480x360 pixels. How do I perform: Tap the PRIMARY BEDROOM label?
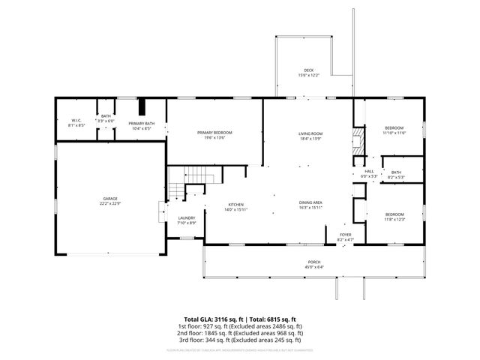click(x=214, y=133)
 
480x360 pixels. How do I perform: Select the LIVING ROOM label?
click(x=310, y=133)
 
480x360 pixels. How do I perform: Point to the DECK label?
click(x=308, y=70)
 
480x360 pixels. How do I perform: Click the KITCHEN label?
click(x=235, y=205)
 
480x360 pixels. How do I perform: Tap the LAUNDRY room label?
click(x=186, y=218)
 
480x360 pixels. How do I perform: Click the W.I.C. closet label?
click(x=76, y=121)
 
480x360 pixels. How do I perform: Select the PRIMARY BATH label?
click(x=141, y=124)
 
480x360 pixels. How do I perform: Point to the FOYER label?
click(x=345, y=235)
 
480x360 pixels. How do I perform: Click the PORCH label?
click(x=313, y=262)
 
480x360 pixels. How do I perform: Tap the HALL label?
click(x=369, y=172)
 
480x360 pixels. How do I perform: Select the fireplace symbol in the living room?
click(x=359, y=140)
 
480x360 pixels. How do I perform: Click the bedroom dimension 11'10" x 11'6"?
click(x=394, y=133)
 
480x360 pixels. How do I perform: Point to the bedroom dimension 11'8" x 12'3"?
click(x=394, y=220)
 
